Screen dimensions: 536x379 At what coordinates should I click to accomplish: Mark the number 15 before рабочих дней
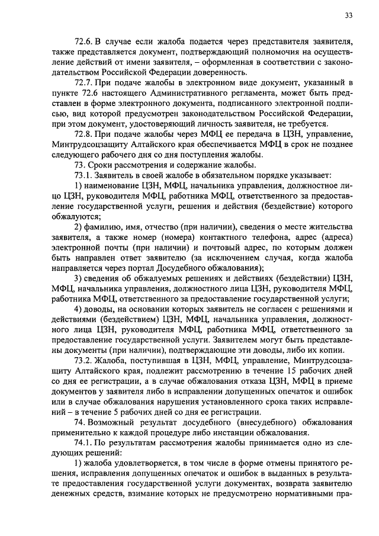[x=288, y=371]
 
